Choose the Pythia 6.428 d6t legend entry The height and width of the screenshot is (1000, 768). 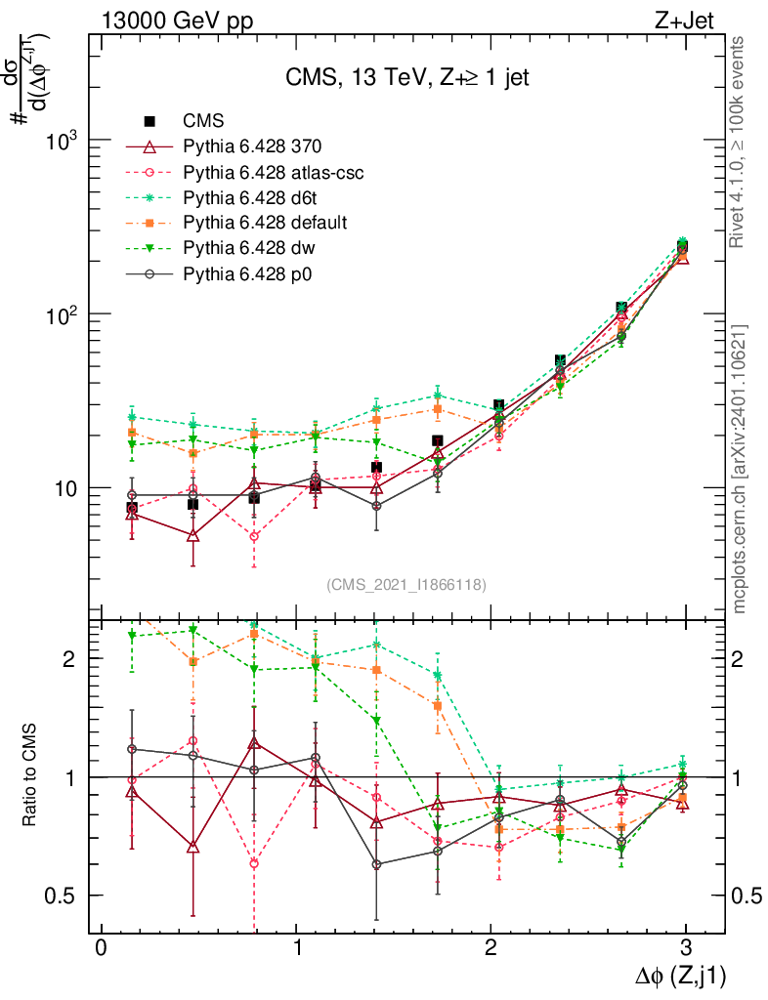click(250, 197)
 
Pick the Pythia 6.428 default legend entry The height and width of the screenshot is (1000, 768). click(265, 223)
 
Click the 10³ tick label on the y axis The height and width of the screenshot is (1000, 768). click(62, 142)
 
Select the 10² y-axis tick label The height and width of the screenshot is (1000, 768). click(62, 314)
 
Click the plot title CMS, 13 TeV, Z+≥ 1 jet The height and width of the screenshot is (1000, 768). click(407, 78)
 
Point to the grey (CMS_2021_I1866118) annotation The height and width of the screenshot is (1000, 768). click(406, 585)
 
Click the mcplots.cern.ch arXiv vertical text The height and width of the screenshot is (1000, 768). click(741, 469)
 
